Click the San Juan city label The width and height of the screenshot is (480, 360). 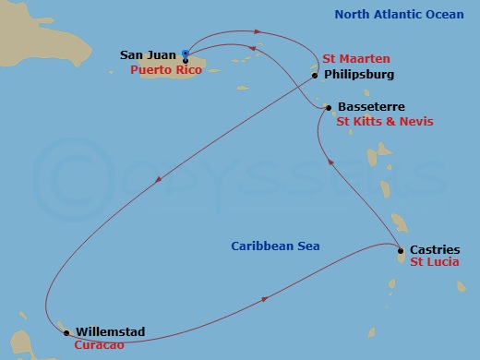150,55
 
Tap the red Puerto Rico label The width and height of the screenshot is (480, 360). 159,68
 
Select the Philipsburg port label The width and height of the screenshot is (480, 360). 361,75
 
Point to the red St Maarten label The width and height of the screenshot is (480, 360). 354,57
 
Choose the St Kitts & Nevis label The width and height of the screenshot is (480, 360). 385,121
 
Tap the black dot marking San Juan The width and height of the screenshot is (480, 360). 186,61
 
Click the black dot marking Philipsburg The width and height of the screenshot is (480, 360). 315,76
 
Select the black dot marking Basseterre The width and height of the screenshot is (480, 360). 328,108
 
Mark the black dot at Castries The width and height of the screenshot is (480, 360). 400,251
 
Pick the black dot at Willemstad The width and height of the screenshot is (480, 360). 66,330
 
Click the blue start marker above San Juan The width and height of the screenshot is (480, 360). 186,54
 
